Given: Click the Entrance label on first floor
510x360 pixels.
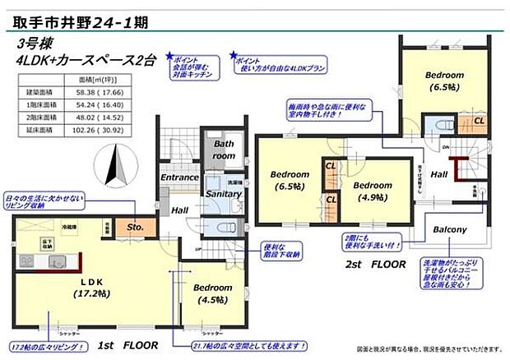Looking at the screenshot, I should coord(179,177).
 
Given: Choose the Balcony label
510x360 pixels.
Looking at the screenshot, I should coord(450,229).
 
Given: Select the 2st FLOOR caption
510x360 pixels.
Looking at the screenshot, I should coord(375,265).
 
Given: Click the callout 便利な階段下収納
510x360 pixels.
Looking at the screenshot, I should coord(284,249).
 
